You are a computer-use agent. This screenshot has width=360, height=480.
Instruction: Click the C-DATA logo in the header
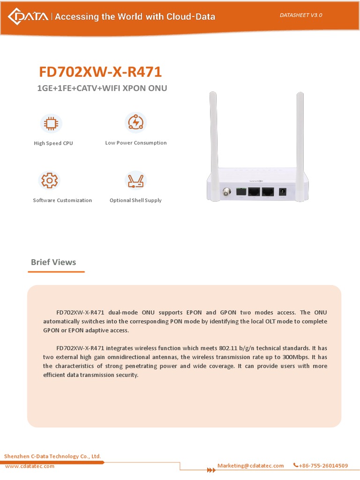(x=28, y=17)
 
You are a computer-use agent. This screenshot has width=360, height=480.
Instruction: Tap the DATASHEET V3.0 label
(x=301, y=15)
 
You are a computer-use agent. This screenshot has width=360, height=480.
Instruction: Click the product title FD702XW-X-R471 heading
(x=100, y=72)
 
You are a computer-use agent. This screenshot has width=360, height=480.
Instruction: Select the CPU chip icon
(x=51, y=123)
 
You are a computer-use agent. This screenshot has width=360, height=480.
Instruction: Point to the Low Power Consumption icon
(x=136, y=122)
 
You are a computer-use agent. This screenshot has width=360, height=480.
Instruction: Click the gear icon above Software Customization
(x=50, y=180)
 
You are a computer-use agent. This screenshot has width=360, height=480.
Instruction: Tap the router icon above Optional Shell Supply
(x=135, y=180)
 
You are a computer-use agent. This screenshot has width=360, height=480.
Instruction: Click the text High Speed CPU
(x=53, y=143)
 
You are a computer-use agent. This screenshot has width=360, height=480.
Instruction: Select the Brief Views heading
(x=53, y=262)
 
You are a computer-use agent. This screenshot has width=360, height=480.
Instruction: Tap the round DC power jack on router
(x=283, y=191)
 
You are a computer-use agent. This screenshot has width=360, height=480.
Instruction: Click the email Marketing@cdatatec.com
(x=251, y=465)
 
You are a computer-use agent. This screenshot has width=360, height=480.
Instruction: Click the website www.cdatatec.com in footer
(x=30, y=466)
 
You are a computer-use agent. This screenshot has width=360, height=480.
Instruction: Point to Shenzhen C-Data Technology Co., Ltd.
(x=52, y=456)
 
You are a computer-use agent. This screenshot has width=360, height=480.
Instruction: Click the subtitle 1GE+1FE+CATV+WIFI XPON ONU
(x=102, y=88)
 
